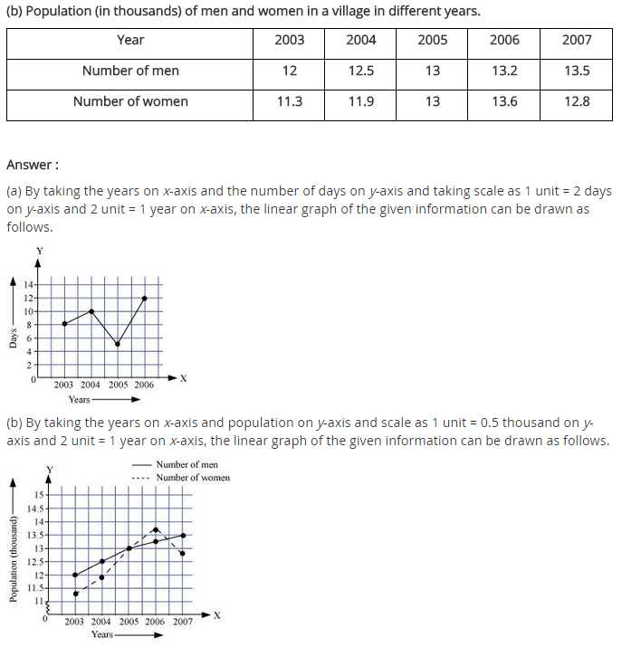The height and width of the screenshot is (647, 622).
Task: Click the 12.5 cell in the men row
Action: pos(360,71)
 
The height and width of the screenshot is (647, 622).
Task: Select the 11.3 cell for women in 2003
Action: pos(289,101)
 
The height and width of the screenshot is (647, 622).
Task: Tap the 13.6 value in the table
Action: pos(504,101)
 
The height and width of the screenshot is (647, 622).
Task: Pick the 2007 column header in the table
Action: pos(577,40)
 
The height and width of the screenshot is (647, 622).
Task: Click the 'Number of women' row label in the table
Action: pos(130,101)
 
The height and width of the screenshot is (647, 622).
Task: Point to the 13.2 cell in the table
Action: pos(504,71)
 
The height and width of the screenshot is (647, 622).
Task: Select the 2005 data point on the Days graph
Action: pos(118,344)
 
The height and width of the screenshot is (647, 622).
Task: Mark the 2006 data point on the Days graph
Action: pos(145,298)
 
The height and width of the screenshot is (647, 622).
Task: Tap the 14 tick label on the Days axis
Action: pos(29,285)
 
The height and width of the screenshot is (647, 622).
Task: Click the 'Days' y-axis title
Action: pos(13,338)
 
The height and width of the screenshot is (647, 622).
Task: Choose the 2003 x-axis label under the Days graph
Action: pos(63,385)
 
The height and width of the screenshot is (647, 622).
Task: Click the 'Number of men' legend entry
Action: pos(187,464)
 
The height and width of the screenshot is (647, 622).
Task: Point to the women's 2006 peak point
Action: pos(156,529)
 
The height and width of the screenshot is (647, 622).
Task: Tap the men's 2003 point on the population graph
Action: pos(75,575)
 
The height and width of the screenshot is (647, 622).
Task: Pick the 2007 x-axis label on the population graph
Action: pos(183,622)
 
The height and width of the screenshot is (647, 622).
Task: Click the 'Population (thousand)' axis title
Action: pos(13,559)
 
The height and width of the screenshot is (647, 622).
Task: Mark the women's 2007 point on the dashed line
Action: pos(184,553)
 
